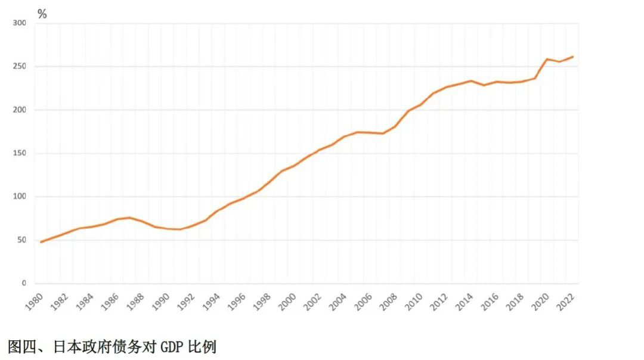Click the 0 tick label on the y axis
click(x=24, y=284)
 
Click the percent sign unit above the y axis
click(x=42, y=14)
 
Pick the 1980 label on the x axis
click(x=34, y=302)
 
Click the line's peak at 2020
click(x=547, y=59)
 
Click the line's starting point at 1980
click(x=41, y=242)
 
